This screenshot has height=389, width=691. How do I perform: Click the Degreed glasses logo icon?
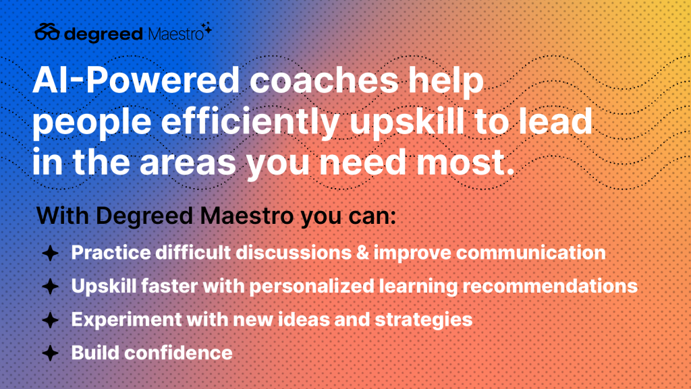tap(47, 32)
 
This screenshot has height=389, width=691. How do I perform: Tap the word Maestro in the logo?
tap(176, 34)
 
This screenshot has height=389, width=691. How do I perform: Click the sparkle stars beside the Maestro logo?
tap(206, 28)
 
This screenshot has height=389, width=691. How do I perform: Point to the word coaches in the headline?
tap(324, 80)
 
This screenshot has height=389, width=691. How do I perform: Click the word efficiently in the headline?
tap(250, 122)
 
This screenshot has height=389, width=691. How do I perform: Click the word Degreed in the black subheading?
tap(144, 216)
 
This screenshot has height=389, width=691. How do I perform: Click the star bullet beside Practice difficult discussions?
tap(50, 253)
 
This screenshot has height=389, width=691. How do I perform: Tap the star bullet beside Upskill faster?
tap(50, 287)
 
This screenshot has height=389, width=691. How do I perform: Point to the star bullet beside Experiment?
tap(50, 320)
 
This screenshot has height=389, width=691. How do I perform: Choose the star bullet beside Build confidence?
tap(50, 353)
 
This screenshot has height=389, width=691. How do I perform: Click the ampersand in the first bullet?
tap(362, 253)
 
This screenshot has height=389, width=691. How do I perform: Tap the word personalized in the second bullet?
tap(312, 287)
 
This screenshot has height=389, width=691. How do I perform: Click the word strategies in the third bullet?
tap(424, 320)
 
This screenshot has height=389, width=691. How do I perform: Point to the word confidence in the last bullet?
tap(178, 353)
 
